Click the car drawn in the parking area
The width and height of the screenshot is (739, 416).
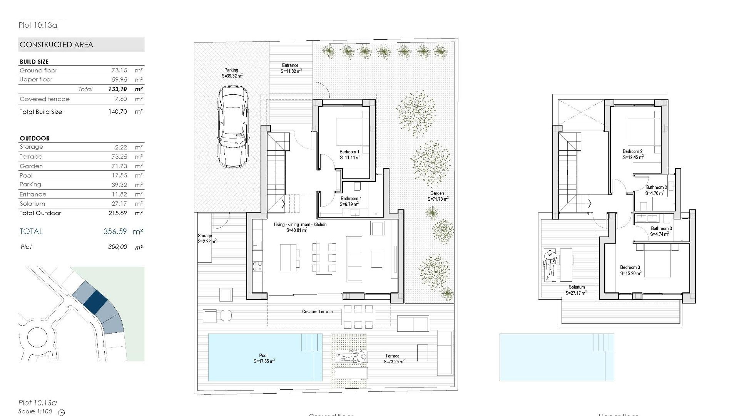pyautogui.click(x=233, y=127)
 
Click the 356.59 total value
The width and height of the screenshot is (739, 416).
pyautogui.click(x=115, y=231)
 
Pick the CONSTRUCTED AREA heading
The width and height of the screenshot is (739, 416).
pyautogui.click(x=56, y=45)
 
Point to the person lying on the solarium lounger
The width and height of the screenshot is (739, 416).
pyautogui.click(x=550, y=266)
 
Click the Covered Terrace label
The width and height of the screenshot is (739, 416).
pyautogui.click(x=317, y=312)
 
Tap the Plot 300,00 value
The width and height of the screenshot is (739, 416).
pyautogui.click(x=117, y=247)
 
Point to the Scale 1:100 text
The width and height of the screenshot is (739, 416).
pyautogui.click(x=35, y=411)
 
